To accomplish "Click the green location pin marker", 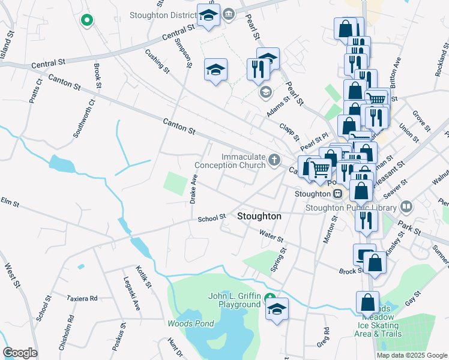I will (86, 20).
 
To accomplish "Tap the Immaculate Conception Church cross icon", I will (274, 160).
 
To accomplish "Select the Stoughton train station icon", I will (338, 194).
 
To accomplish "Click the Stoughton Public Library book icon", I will (406, 207).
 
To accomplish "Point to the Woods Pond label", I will (190, 323).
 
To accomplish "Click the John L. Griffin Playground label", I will (234, 300).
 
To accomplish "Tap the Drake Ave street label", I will (193, 189).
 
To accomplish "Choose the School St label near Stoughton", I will (211, 218).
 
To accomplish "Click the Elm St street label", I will (7, 200).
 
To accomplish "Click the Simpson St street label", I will (183, 53).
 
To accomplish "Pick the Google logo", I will (20, 352).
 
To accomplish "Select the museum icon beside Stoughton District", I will (229, 13).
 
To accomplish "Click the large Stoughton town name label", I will (259, 216).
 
